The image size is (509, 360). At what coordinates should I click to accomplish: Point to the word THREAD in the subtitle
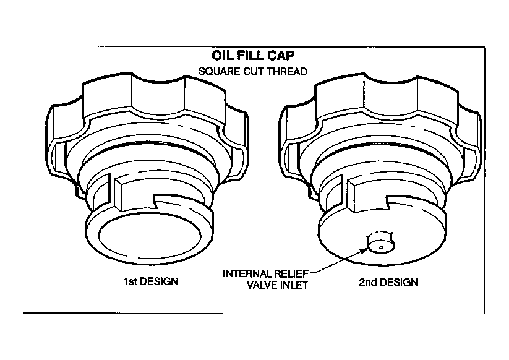(x=287, y=71)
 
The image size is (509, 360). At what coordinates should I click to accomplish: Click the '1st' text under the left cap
(x=129, y=281)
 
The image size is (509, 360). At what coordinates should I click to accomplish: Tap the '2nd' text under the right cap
(x=367, y=282)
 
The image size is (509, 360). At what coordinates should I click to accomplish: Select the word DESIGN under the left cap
(x=159, y=281)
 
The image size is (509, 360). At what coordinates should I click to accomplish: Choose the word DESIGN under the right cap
(x=399, y=282)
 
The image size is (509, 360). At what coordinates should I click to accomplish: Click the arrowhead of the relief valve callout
(x=365, y=250)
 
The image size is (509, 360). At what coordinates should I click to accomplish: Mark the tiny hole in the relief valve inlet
(x=382, y=248)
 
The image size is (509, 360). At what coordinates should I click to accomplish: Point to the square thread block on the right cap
(x=367, y=195)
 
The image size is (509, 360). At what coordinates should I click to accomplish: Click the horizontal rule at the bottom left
(x=122, y=313)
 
